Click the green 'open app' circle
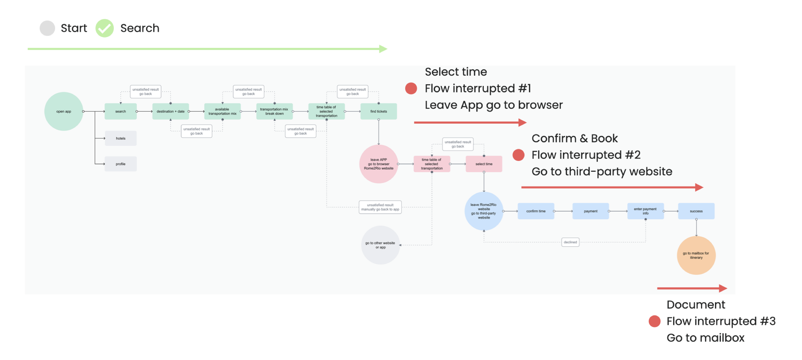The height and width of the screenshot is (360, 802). [x=64, y=111]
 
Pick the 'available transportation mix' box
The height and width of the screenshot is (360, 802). [x=222, y=111]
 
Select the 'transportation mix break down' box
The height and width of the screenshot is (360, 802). [x=274, y=111]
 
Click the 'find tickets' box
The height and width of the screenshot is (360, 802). [x=379, y=111]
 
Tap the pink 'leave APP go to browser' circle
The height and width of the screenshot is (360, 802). [x=379, y=164]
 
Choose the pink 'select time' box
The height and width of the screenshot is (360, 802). [x=484, y=164]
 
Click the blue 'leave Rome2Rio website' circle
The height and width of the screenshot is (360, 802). [x=484, y=211]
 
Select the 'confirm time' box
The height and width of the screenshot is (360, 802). [x=536, y=211]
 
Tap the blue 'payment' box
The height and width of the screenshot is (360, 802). [x=591, y=211]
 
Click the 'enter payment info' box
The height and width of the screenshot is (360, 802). [x=645, y=211]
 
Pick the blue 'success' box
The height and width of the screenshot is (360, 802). [x=696, y=211]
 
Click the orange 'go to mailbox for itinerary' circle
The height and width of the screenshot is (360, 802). [x=696, y=255]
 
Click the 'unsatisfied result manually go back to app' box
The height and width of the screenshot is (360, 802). [x=380, y=207]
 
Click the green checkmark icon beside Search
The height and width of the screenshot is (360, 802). [x=105, y=28]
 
